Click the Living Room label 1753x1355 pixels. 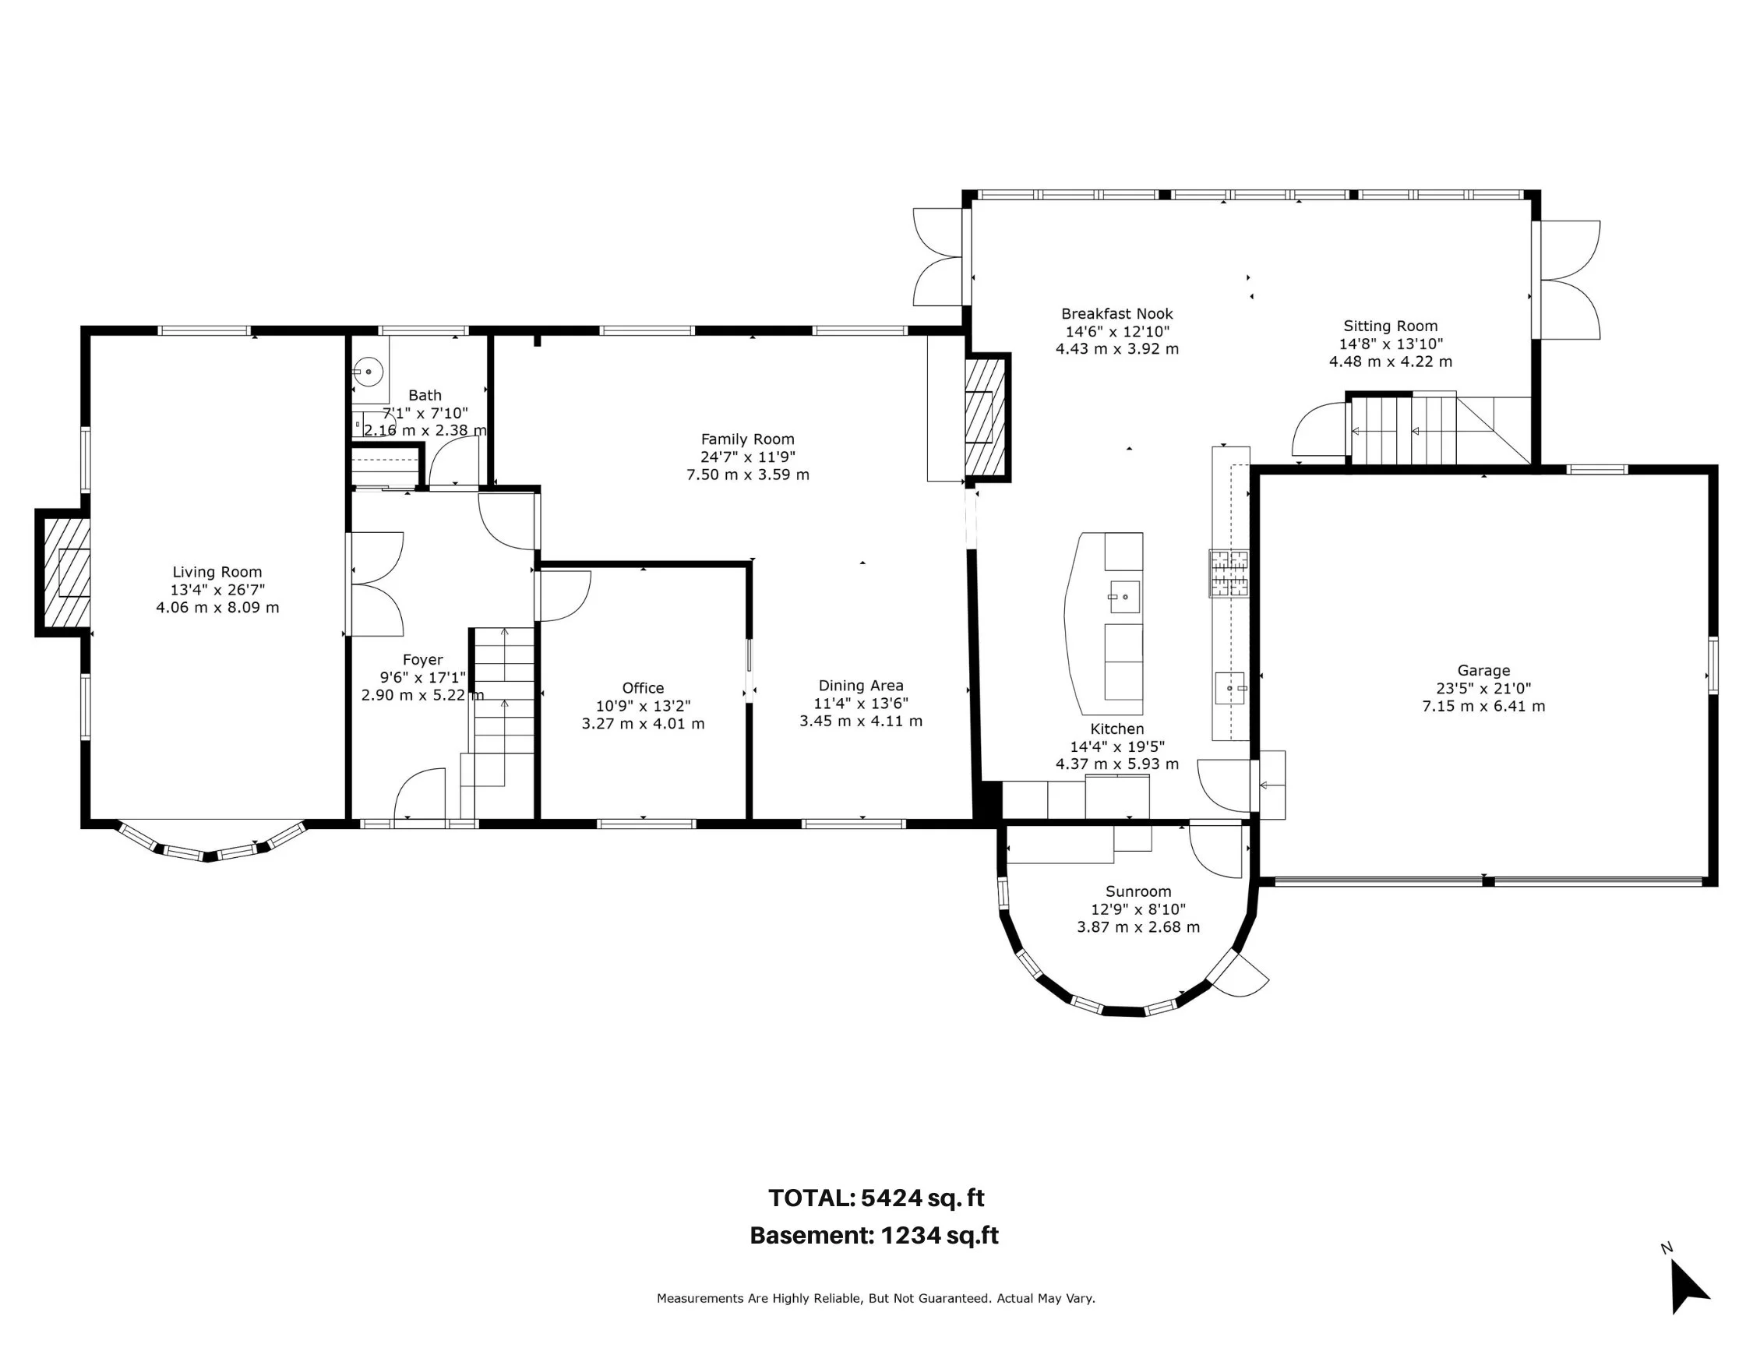click(x=217, y=573)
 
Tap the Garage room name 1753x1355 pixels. click(x=1483, y=671)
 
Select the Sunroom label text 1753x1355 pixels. click(x=1138, y=892)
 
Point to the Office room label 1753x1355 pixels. click(x=643, y=688)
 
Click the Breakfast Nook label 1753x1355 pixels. click(x=1117, y=314)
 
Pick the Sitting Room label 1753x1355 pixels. click(x=1390, y=326)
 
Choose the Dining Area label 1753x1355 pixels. click(x=860, y=686)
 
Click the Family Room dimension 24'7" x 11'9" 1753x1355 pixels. click(x=747, y=457)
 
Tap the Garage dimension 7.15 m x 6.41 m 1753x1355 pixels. click(x=1483, y=707)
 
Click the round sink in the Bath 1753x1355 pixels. click(x=369, y=372)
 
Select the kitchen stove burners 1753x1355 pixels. click(x=1229, y=573)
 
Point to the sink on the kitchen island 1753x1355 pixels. click(x=1124, y=597)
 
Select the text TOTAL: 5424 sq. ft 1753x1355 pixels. click(x=876, y=1198)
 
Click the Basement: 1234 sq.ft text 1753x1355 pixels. click(x=874, y=1235)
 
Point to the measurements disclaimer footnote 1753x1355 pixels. click(x=876, y=1298)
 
